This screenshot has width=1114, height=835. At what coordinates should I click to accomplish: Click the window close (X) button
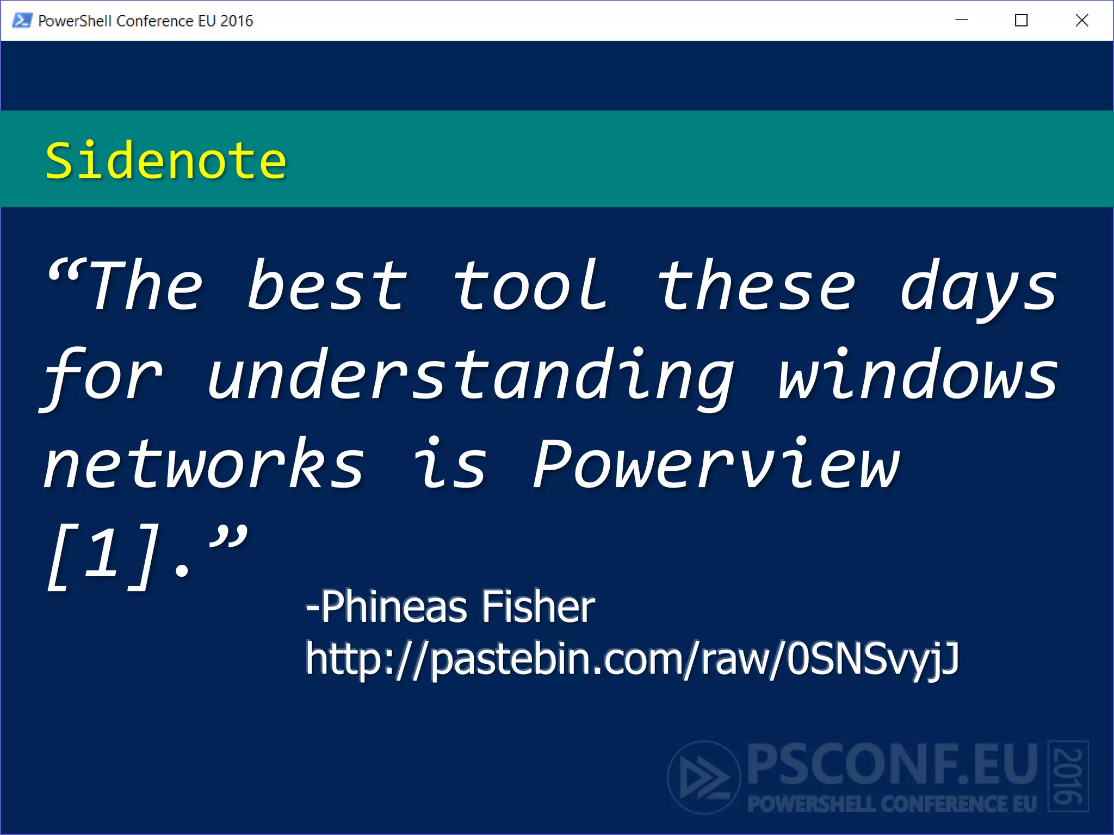1081,21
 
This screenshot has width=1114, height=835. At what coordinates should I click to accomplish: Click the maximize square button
1021,21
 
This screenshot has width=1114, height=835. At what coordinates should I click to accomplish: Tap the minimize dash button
961,21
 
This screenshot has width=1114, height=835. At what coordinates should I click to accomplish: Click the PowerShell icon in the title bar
22,21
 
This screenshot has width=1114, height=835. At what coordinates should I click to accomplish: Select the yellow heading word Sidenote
165,160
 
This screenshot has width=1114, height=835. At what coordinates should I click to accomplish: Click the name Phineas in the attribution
394,607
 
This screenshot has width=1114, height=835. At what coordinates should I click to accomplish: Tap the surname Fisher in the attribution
539,607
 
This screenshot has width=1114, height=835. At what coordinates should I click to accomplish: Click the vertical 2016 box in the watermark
1068,776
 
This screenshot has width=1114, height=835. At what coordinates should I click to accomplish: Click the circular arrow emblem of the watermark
704,777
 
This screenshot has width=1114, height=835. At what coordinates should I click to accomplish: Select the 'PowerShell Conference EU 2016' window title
146,21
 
